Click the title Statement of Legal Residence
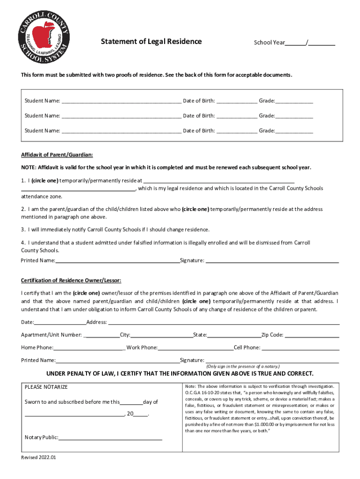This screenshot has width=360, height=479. tap(151, 42)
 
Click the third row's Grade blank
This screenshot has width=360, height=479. tap(294, 131)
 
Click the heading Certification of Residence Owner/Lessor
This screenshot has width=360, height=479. tap(71, 281)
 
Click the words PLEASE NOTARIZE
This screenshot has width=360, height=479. tap(46, 387)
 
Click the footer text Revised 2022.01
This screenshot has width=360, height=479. tap(39, 458)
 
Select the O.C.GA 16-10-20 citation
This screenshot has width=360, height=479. tap(202, 393)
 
